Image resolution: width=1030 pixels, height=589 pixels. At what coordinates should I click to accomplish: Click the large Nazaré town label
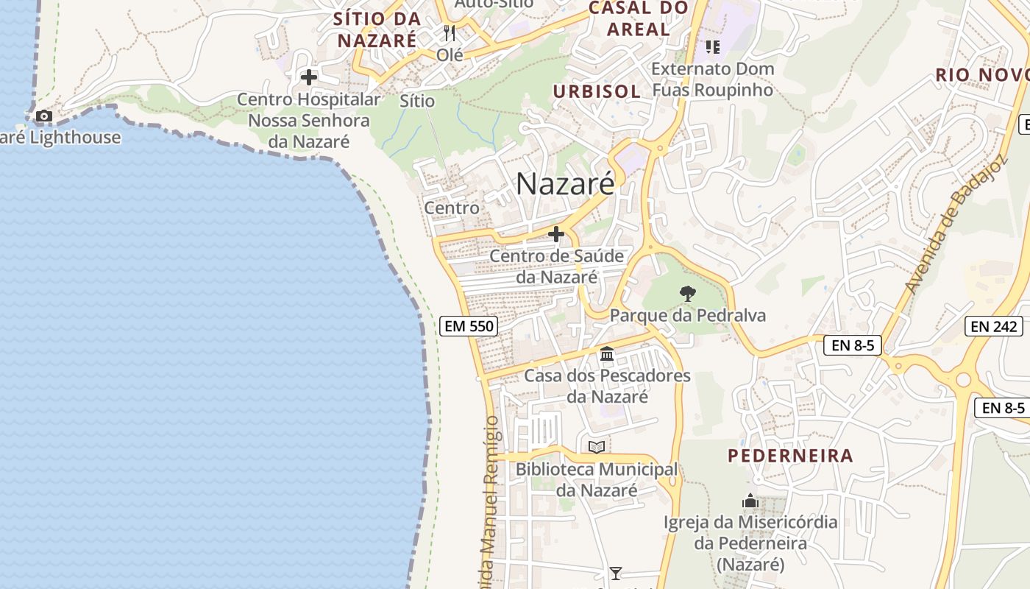click(x=564, y=184)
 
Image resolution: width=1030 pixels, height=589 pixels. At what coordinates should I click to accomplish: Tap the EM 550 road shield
click(x=469, y=325)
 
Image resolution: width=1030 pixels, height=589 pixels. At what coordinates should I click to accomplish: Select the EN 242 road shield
click(x=994, y=326)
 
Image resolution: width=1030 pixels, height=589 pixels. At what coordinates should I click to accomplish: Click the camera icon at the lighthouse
click(x=44, y=116)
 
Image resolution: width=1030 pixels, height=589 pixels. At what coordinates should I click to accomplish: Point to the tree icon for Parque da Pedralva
click(x=687, y=294)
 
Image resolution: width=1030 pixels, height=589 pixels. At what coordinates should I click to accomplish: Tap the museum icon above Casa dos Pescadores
click(x=607, y=354)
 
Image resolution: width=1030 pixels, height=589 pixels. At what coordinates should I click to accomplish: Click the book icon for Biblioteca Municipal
click(x=597, y=447)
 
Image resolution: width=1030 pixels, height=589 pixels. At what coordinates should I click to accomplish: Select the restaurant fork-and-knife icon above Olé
click(x=450, y=33)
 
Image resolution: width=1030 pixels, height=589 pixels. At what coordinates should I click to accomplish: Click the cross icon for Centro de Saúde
click(x=556, y=235)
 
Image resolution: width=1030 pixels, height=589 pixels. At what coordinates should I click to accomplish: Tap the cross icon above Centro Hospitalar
click(x=309, y=77)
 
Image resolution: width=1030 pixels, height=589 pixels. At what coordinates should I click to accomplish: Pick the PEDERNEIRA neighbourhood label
click(x=790, y=456)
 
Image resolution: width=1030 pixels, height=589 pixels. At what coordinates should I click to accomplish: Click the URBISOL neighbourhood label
click(x=597, y=91)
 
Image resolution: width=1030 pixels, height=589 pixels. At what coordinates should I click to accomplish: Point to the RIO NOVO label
click(x=981, y=75)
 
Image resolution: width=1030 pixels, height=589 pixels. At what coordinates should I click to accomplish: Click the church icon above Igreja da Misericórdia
click(x=750, y=501)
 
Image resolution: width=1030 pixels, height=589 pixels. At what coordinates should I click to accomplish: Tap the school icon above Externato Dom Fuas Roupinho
click(x=712, y=47)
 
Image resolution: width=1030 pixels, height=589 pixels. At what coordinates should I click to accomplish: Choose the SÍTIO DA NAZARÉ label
click(x=377, y=29)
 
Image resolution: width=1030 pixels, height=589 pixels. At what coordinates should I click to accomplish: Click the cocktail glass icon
click(x=616, y=573)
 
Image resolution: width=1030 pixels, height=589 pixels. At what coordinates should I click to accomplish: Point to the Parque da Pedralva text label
click(x=687, y=316)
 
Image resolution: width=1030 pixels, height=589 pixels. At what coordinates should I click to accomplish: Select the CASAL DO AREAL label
click(x=639, y=19)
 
